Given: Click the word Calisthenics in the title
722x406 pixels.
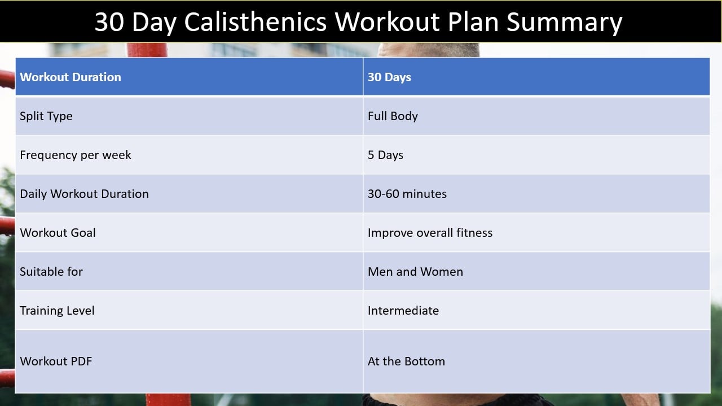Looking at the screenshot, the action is [x=256, y=22].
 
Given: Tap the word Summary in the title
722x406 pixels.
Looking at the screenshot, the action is [x=564, y=23].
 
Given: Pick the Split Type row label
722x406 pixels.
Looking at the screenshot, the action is [x=46, y=116].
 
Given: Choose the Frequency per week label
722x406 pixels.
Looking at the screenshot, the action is [x=76, y=155].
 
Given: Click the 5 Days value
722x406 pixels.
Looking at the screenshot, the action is [x=385, y=155].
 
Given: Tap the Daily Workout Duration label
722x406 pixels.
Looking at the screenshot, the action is [x=84, y=194].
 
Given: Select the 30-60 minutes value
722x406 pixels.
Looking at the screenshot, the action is [x=407, y=194].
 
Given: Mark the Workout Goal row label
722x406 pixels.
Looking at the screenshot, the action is [x=58, y=233].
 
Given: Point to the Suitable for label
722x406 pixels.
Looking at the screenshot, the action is [x=51, y=272].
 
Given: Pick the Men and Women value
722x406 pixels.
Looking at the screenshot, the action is [x=415, y=272].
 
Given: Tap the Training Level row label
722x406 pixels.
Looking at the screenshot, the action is [x=57, y=311].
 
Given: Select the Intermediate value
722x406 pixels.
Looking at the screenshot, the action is [x=403, y=311].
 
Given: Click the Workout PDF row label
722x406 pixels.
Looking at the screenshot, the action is [x=56, y=361].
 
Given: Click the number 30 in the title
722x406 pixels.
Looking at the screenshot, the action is [x=109, y=22].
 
